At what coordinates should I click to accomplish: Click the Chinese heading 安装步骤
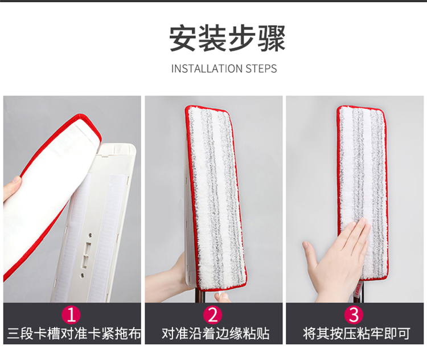[227, 38]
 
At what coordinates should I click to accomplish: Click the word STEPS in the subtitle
[261, 68]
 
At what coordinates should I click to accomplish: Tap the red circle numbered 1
[71, 315]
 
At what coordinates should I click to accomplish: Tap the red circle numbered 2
[213, 315]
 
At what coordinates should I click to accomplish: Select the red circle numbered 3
[354, 315]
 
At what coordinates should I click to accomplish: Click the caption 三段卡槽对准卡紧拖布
[74, 334]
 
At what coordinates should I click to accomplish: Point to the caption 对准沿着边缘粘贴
[215, 334]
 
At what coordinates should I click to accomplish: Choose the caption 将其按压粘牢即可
[356, 334]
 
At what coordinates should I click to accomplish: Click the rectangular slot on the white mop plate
[87, 255]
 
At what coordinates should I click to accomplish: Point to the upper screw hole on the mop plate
[90, 235]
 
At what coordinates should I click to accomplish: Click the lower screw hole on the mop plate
[82, 275]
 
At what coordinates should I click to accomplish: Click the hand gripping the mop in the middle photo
[169, 278]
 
